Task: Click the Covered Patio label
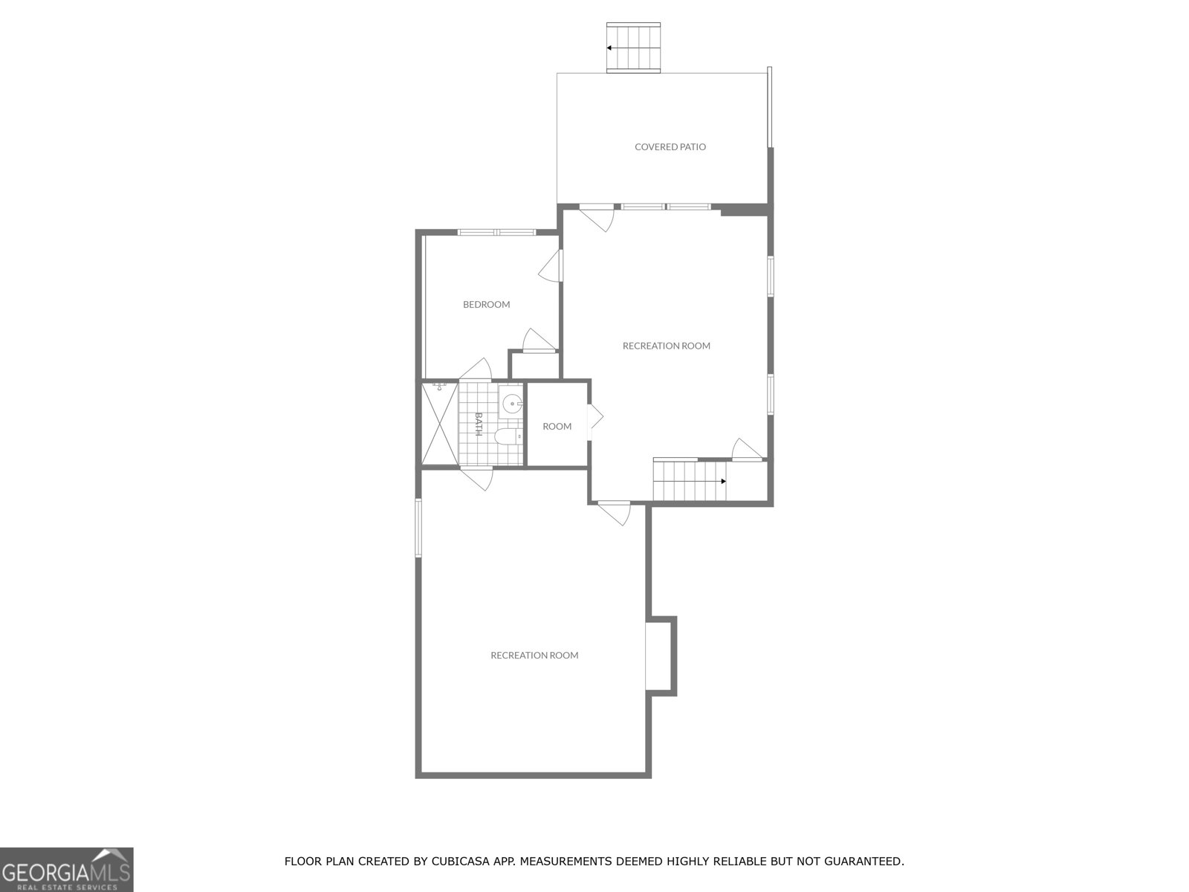(x=670, y=147)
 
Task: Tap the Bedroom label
(x=486, y=304)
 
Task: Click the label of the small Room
(x=557, y=427)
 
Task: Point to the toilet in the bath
(x=508, y=436)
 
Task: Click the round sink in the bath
(x=511, y=404)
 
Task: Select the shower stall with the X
(x=440, y=424)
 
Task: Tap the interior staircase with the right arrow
(x=689, y=481)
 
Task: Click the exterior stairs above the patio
(x=634, y=48)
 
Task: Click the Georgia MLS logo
(x=67, y=869)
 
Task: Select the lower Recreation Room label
(x=534, y=656)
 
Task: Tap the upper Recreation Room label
(x=666, y=346)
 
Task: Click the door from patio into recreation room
(x=597, y=216)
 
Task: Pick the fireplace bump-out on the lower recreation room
(x=661, y=656)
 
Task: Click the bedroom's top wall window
(x=496, y=232)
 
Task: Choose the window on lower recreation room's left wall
(x=418, y=528)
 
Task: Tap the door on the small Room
(x=594, y=417)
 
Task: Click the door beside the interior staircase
(x=747, y=451)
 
